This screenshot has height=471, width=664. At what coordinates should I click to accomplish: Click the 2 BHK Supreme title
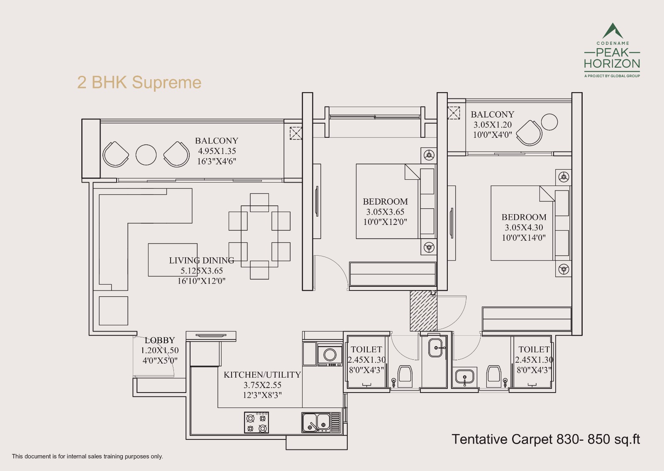pyautogui.click(x=139, y=83)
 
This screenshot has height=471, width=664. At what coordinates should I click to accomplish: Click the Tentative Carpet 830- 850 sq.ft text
pyautogui.click(x=545, y=439)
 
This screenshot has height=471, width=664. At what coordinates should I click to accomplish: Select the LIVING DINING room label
pyautogui.click(x=201, y=261)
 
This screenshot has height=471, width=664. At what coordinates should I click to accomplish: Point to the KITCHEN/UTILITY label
pyautogui.click(x=262, y=375)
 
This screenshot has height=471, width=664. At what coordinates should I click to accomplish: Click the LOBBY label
pyautogui.click(x=160, y=340)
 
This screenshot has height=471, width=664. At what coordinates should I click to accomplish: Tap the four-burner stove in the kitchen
pyautogui.click(x=256, y=423)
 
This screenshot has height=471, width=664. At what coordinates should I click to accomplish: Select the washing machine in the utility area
pyautogui.click(x=330, y=355)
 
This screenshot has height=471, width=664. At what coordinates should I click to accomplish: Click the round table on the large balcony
pyautogui.click(x=146, y=155)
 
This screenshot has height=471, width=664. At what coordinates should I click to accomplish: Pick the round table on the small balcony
pyautogui.click(x=549, y=122)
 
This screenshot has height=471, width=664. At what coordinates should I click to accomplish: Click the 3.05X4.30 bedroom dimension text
pyautogui.click(x=524, y=227)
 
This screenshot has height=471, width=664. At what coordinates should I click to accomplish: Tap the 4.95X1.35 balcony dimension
pyautogui.click(x=217, y=151)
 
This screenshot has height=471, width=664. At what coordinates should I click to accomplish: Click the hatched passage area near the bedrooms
pyautogui.click(x=423, y=310)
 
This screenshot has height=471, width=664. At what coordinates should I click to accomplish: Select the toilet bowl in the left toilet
pyautogui.click(x=405, y=374)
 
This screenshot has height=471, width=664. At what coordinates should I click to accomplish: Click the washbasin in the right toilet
pyautogui.click(x=464, y=377)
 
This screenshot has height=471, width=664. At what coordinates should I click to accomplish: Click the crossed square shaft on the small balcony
pyautogui.click(x=454, y=113)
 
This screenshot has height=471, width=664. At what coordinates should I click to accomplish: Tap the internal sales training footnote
pyautogui.click(x=88, y=456)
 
